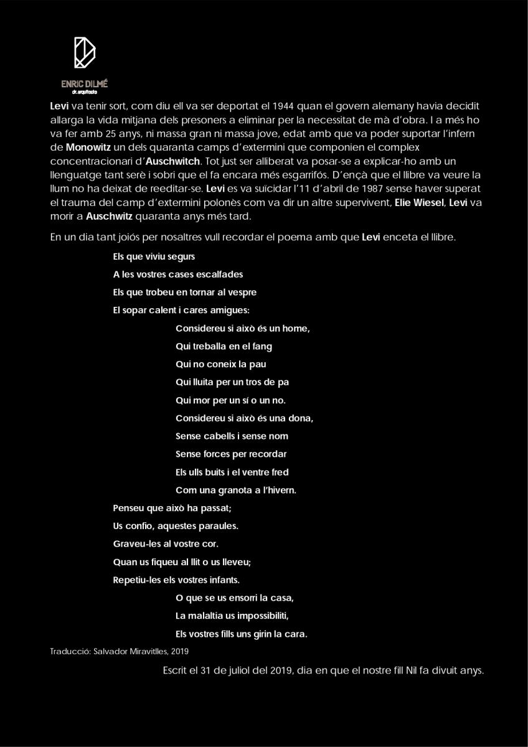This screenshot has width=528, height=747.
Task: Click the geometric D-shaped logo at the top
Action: click(84, 52)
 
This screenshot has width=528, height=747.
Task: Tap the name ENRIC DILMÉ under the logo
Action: click(84, 83)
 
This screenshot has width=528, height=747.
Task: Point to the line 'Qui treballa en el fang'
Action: click(224, 346)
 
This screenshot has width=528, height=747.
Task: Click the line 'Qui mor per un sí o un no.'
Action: click(230, 400)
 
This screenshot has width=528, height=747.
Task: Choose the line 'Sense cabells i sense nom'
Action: click(232, 436)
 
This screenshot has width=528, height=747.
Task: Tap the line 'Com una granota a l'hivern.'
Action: click(235, 491)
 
